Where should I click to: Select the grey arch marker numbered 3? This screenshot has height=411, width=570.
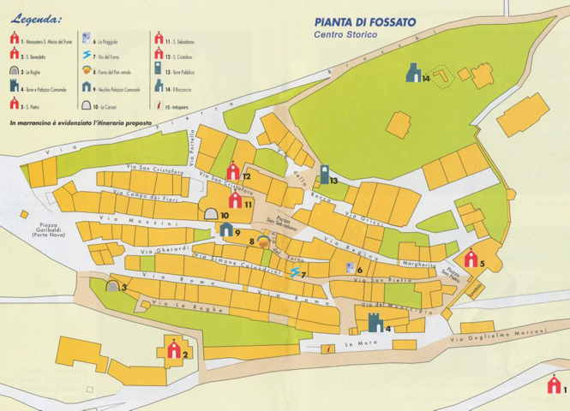coord(112,286)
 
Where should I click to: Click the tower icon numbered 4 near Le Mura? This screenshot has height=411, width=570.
coord(375,323)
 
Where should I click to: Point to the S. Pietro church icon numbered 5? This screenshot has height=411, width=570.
coord(471,258)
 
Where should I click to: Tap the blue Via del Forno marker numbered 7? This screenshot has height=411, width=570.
coord(296,272)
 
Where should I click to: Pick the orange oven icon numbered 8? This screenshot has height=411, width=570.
coord(265,241)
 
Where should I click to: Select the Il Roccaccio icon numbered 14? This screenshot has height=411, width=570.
coord(414,74)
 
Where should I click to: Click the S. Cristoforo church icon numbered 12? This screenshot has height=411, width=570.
coord(233,171)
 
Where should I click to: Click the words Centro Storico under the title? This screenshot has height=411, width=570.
coord(346,39)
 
